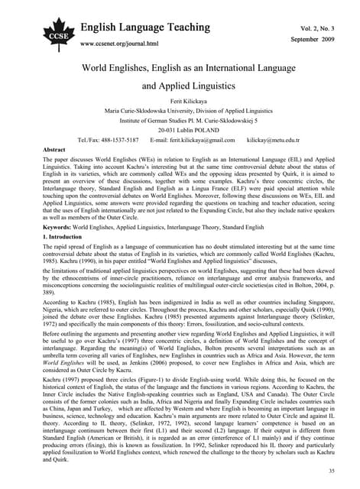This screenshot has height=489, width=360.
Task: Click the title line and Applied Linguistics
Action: point(180,87)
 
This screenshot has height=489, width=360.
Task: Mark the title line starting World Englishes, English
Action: point(180,67)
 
